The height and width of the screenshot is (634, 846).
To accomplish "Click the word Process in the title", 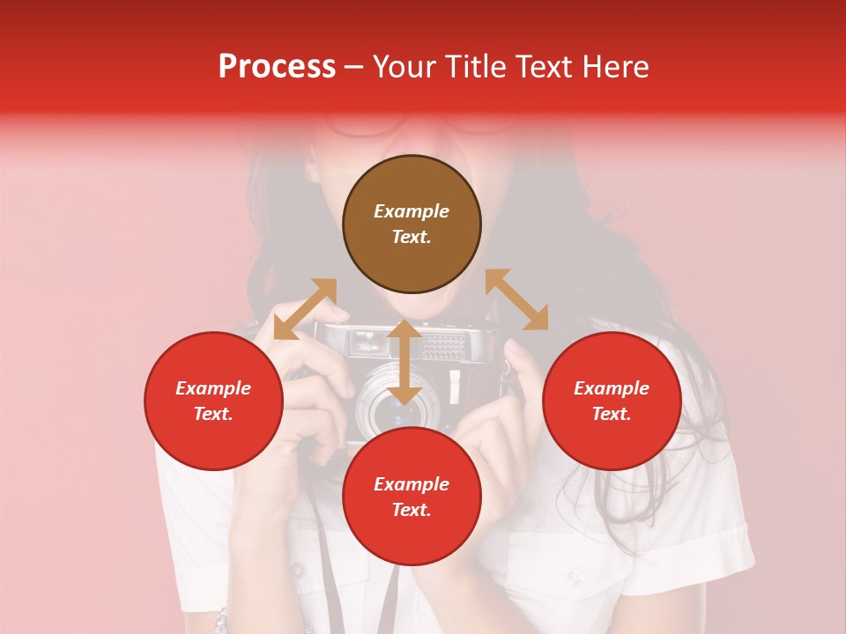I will (x=277, y=67).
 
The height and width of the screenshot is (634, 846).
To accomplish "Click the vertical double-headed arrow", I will (x=404, y=363).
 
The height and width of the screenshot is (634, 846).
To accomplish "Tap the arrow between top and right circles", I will (x=516, y=299).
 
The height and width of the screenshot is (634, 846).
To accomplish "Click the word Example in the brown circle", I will (x=412, y=211).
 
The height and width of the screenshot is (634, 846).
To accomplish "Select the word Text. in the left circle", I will (x=213, y=414).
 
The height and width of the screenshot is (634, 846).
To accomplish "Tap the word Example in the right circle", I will (x=612, y=388).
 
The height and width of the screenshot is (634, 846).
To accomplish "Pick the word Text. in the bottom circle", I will (x=412, y=510).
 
